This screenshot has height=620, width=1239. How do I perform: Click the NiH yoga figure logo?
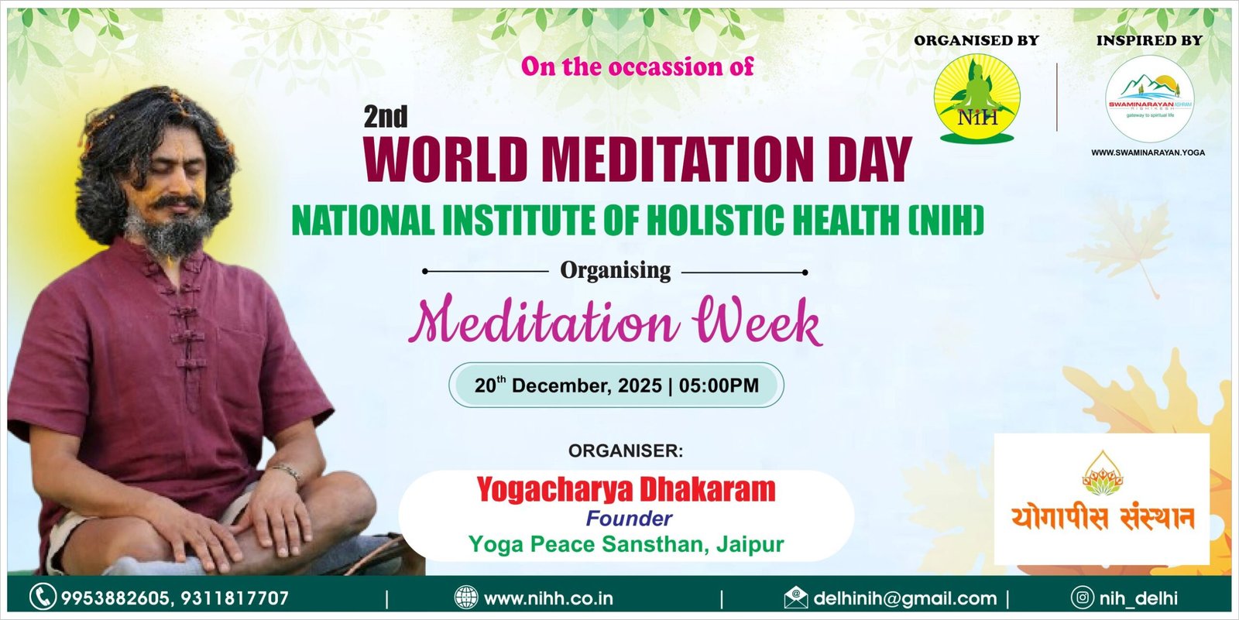[976, 98]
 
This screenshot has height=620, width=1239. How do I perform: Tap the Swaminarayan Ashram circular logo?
[1149, 99]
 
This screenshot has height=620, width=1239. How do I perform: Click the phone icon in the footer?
[43, 597]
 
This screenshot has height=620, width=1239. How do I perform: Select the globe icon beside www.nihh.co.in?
[465, 598]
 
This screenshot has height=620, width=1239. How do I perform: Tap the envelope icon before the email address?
[795, 598]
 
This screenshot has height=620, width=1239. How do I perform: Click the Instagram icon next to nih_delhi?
[1083, 598]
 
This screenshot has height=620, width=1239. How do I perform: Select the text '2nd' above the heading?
[386, 117]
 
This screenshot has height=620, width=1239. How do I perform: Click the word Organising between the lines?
[615, 270]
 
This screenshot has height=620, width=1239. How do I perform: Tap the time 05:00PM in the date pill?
[719, 385]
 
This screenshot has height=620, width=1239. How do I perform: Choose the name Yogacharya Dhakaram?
[626, 489]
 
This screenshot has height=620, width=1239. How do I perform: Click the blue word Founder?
[629, 519]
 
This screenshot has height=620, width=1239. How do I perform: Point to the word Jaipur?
[750, 544]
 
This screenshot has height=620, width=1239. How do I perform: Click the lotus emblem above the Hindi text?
[1103, 474]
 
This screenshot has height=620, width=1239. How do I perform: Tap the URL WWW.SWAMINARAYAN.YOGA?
[1148, 152]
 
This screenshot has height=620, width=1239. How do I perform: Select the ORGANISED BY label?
[976, 40]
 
